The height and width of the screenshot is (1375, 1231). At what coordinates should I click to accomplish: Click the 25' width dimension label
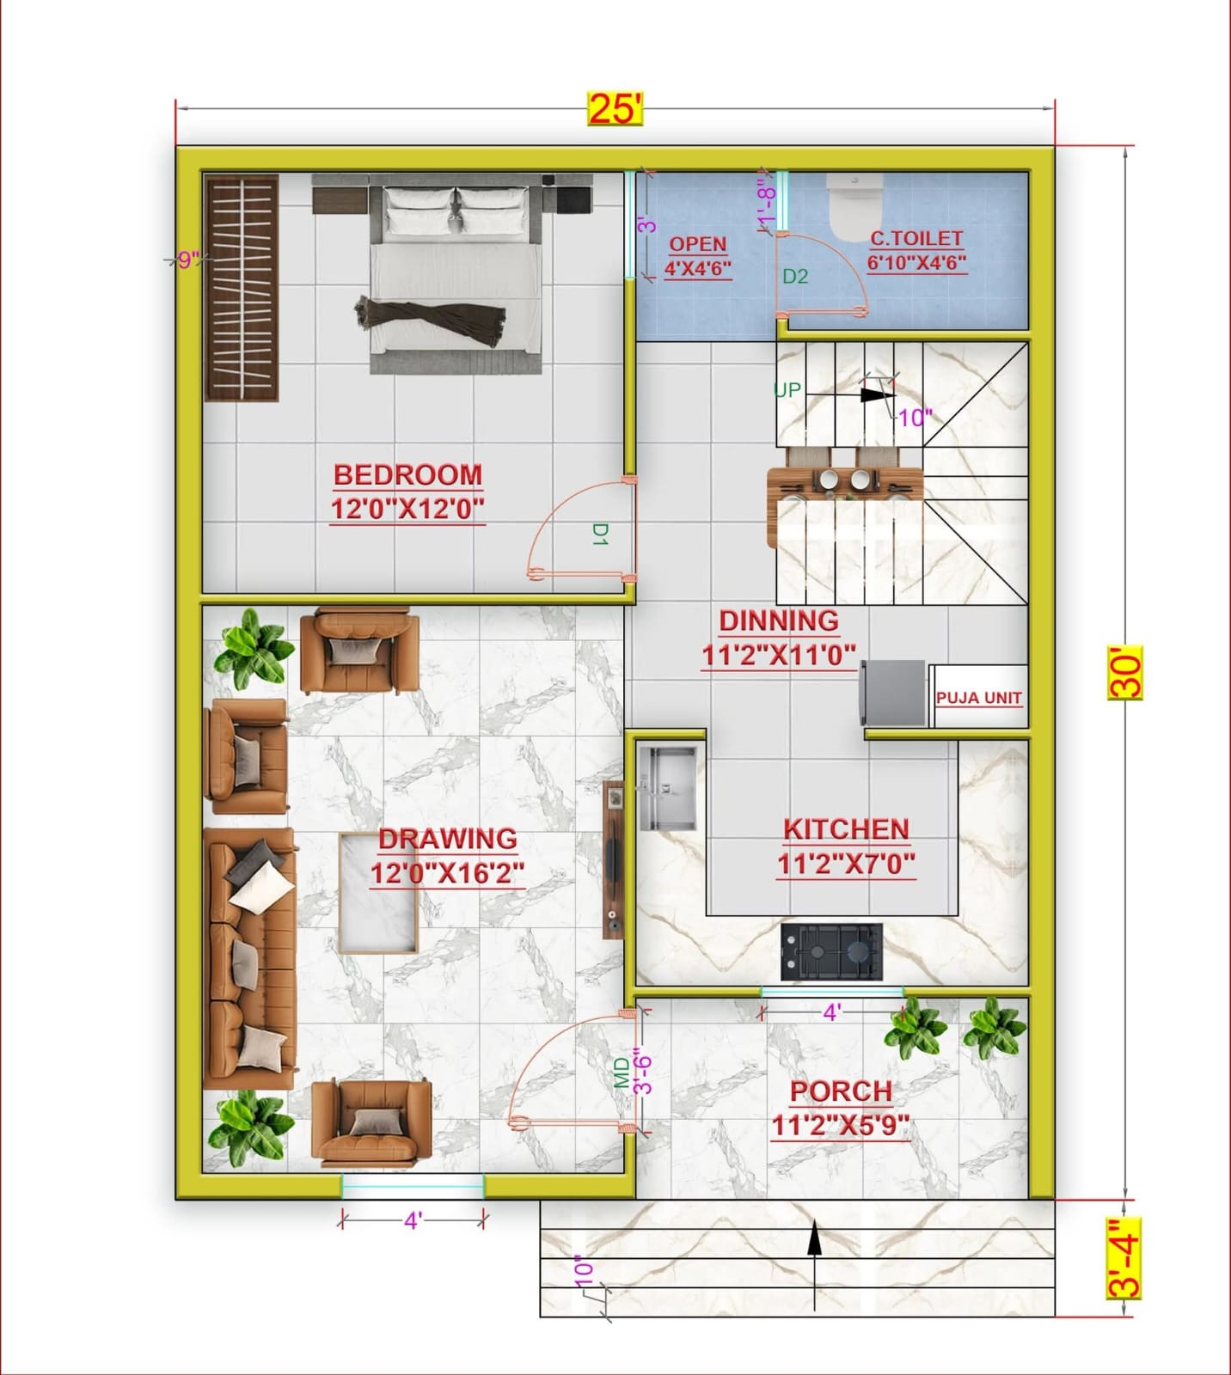click(x=615, y=109)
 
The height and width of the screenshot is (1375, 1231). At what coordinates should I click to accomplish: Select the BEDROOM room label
click(x=407, y=474)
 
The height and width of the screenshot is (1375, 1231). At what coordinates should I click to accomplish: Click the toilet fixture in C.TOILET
click(x=855, y=205)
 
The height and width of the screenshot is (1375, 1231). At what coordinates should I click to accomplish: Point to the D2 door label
click(x=795, y=276)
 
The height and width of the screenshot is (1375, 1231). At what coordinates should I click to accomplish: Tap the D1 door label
click(x=600, y=535)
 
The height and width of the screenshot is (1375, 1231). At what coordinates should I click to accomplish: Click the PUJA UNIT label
click(x=979, y=697)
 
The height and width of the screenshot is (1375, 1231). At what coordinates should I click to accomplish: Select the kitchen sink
click(x=670, y=788)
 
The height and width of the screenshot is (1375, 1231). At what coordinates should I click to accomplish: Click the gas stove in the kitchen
click(x=831, y=951)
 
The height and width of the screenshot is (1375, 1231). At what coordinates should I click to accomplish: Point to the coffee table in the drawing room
click(x=378, y=893)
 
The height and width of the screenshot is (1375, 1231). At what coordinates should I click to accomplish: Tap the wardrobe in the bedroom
click(x=242, y=288)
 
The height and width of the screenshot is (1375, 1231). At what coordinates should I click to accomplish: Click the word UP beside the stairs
click(x=787, y=390)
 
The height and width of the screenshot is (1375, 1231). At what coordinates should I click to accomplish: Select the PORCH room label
click(x=841, y=1091)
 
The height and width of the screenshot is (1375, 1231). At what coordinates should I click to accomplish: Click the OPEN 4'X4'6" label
click(x=698, y=256)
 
